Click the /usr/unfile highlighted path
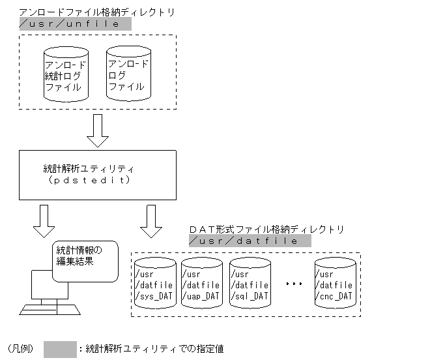(x=75, y=23)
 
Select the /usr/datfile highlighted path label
(x=250, y=241)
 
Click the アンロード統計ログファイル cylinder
(x=65, y=74)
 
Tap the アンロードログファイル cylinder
(x=128, y=74)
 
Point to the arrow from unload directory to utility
(x=98, y=130)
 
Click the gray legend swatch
(x=60, y=348)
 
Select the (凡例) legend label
(x=21, y=349)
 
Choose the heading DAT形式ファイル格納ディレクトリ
(x=266, y=230)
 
